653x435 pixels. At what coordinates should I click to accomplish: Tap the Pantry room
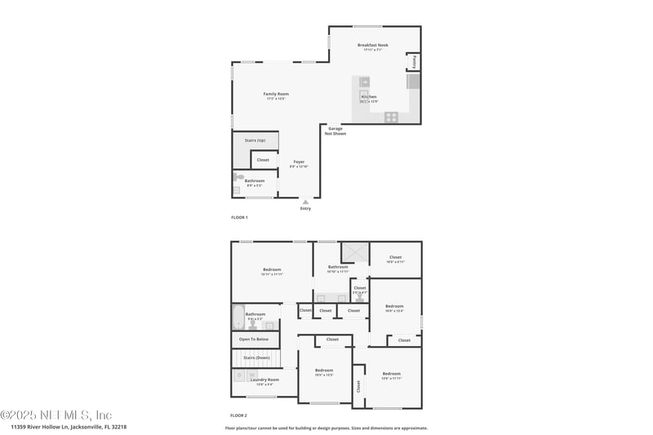pos(414,62)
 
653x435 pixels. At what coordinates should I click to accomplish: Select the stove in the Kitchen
pos(391,117)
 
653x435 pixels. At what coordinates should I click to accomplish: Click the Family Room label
pos(276,94)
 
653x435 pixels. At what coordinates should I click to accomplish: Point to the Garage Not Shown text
pos(335,131)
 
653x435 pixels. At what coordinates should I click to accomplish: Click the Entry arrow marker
pos(305,202)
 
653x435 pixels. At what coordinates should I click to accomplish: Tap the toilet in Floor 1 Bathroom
pos(238,176)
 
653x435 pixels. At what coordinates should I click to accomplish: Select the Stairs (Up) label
pos(255,140)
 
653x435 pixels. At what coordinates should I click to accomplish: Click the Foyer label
pos(299,162)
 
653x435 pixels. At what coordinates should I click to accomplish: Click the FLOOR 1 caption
pos(239,217)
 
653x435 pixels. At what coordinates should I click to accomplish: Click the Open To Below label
pos(254,339)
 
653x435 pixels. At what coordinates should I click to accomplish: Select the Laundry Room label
pos(264,380)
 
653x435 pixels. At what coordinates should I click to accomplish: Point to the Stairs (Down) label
pos(256,357)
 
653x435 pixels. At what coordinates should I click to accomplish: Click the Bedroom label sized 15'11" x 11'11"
pos(272,270)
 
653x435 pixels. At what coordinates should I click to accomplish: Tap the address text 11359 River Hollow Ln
pos(69,426)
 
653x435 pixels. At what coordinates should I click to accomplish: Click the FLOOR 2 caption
pos(239,416)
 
